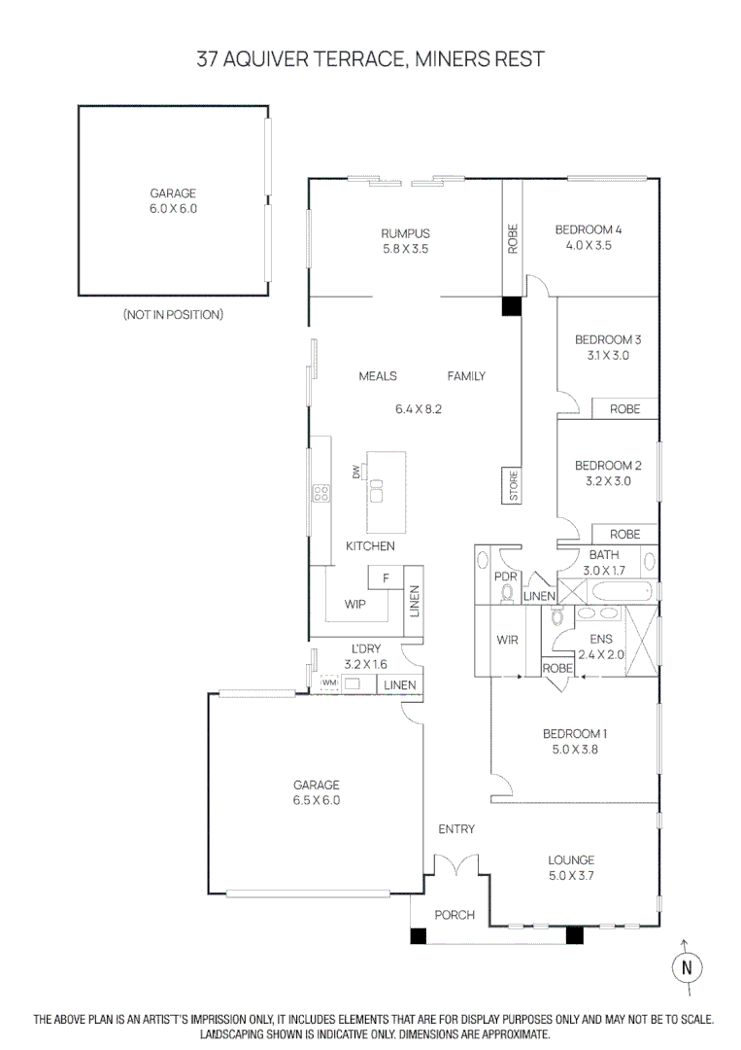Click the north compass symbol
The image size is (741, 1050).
687,966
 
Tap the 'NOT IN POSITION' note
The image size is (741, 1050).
173,315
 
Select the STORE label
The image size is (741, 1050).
514,486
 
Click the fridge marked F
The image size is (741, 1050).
386,578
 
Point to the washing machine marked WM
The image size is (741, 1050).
328,684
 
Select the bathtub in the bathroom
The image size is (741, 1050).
613,591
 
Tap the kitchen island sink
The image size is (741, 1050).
377,488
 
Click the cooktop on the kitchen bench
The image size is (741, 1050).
320,493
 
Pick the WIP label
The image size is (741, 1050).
354,604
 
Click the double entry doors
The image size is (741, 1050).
455,864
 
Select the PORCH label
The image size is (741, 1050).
455,915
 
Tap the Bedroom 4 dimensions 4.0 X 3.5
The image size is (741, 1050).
588,246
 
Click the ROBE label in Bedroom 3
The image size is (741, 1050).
624,409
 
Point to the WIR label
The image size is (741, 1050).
507,641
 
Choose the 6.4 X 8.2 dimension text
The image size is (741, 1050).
419,409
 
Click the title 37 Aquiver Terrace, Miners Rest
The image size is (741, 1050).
370,59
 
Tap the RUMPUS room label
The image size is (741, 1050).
405,233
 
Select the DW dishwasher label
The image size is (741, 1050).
356,472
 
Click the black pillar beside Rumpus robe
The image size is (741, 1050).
511,305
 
